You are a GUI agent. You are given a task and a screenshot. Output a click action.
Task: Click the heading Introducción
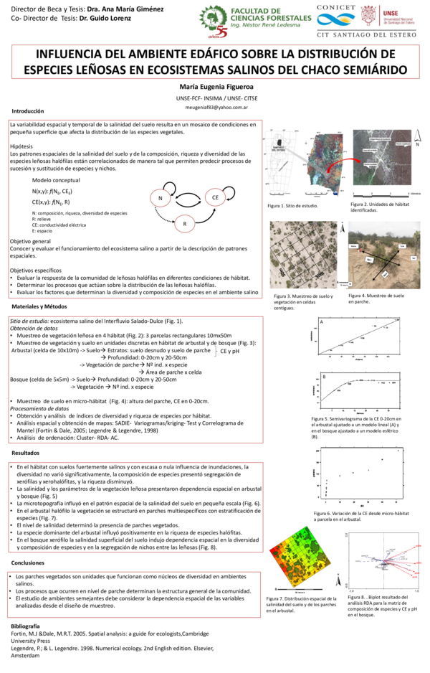pyautogui.click(x=27, y=111)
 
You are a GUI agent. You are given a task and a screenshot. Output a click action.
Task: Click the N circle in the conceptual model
pyautogui.click(x=161, y=197)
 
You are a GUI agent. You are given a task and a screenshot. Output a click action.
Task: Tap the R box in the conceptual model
pyautogui.click(x=185, y=224)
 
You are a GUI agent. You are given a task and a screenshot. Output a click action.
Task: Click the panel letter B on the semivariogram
pyautogui.click(x=325, y=377)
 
